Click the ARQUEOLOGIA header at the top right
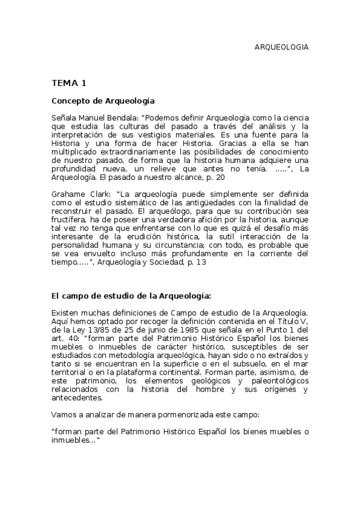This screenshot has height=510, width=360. (282, 47)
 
